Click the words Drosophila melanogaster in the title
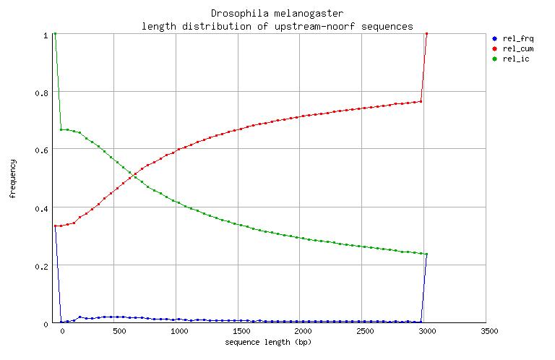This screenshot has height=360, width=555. [277, 13]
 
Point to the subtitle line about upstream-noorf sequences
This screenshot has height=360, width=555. [277, 26]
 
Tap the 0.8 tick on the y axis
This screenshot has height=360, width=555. [42, 93]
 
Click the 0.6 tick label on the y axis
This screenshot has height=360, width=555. [42, 150]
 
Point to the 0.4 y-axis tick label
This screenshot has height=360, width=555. [42, 208]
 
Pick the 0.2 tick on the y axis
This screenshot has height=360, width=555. [42, 266]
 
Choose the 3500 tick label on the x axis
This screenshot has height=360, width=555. [489, 331]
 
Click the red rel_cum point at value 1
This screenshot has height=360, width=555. [427, 33]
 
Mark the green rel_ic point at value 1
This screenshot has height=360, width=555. [55, 33]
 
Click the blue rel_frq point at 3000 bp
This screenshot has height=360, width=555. [427, 254]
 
